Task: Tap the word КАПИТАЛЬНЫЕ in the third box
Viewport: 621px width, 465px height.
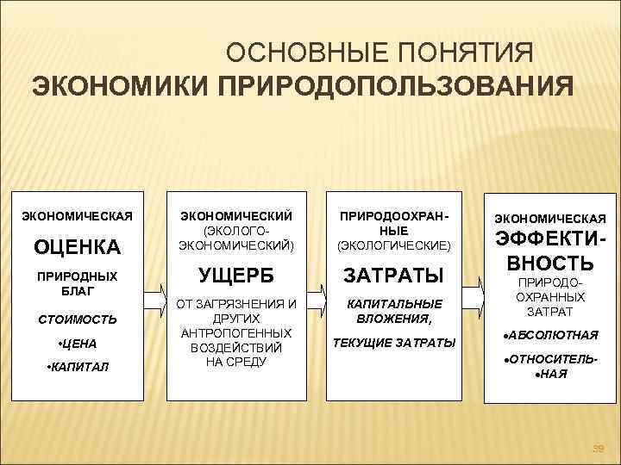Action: [393, 303]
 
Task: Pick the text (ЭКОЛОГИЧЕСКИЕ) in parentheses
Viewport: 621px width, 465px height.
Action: [393, 245]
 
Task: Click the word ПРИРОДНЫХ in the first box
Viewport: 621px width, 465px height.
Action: [77, 277]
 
